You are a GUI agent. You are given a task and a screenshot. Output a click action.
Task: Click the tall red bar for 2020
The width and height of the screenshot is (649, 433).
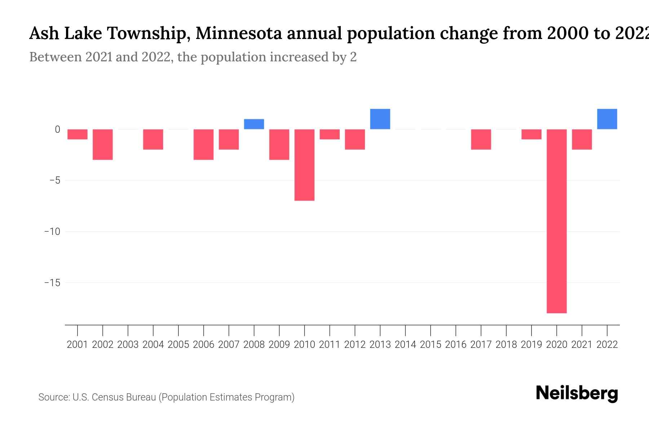[556, 221]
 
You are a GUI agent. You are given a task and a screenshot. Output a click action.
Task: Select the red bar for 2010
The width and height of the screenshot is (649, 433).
[304, 165]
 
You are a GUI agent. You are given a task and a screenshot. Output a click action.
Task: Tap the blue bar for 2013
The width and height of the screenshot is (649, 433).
[380, 119]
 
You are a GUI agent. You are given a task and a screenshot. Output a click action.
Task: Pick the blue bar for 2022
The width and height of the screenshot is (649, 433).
[607, 119]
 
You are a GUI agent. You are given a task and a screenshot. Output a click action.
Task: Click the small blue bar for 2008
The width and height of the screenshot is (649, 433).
[254, 124]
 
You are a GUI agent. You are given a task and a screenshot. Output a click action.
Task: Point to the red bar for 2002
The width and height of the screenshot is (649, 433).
[103, 144]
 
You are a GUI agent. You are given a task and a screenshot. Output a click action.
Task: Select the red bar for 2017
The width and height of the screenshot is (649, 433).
[481, 139]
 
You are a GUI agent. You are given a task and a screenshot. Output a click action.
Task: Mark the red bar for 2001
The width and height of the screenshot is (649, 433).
[78, 134]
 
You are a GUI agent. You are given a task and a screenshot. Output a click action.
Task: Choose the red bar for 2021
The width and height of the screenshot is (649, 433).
[582, 139]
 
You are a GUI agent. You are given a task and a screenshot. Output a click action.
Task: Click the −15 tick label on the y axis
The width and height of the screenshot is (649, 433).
[52, 283]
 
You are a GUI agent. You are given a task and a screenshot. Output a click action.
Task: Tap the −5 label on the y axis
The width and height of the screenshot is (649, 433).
[54, 180]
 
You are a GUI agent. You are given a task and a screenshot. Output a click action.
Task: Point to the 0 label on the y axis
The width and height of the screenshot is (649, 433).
[57, 129]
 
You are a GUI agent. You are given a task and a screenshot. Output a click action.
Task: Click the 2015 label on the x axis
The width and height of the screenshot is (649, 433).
[431, 345]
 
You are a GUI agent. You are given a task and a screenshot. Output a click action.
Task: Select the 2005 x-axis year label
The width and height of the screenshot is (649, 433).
[178, 345]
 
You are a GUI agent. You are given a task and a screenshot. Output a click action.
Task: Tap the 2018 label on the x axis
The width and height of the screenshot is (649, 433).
[506, 345]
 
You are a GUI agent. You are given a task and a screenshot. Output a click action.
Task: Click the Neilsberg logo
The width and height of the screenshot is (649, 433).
[577, 393]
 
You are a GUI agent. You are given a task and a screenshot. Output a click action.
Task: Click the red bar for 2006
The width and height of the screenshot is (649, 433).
[203, 144]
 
